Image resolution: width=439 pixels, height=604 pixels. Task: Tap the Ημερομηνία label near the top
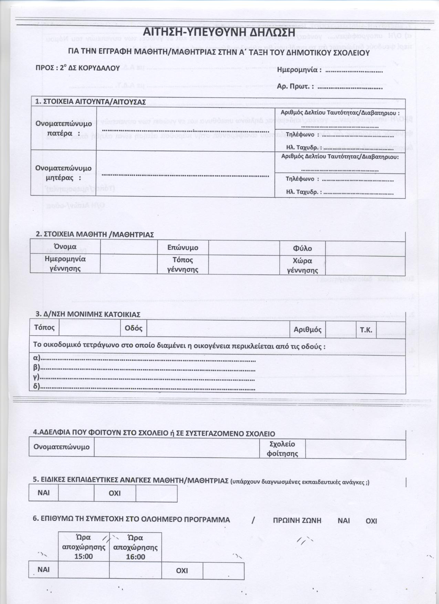point(299,70)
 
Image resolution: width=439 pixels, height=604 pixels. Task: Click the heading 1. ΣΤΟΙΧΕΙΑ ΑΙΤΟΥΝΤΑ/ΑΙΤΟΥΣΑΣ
point(91,102)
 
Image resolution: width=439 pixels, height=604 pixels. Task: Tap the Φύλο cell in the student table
point(302,248)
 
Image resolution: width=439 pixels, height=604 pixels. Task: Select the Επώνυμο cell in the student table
point(182,247)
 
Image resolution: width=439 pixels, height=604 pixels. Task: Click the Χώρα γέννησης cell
point(302,265)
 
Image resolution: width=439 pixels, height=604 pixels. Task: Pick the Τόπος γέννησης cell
point(182,264)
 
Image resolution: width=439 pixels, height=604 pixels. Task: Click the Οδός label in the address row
point(134,328)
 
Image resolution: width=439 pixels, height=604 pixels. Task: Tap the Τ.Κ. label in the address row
point(366,330)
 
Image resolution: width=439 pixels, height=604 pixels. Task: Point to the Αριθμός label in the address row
point(307,329)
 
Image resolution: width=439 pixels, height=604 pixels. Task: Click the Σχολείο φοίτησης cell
point(282,449)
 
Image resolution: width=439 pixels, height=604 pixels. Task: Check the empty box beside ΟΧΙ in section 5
point(156,493)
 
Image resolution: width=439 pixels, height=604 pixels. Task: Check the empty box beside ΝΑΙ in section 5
point(76,493)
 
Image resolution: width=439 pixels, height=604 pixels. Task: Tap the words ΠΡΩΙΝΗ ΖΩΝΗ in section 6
point(297,520)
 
